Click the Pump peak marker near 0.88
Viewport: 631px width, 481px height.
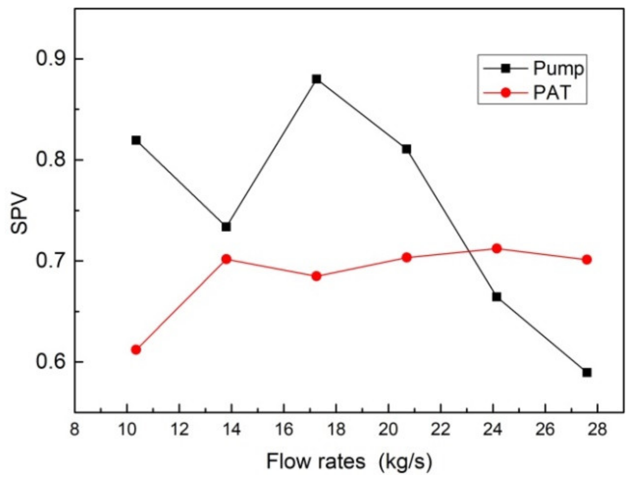coord(317,79)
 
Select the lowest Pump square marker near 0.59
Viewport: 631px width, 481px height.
coord(587,372)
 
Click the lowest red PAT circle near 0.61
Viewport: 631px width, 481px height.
coord(136,349)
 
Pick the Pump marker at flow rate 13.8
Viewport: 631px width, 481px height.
coord(226,227)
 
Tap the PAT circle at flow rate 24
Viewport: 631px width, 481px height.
coord(497,249)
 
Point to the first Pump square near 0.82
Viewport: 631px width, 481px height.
coord(136,140)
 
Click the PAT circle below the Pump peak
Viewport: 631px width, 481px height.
coord(316,276)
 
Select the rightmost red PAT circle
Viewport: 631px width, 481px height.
coord(587,260)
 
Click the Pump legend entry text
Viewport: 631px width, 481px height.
coord(558,68)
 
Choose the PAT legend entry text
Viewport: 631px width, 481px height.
coord(552,93)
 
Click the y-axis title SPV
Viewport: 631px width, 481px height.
coord(19,215)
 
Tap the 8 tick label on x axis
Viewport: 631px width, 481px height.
coord(75,430)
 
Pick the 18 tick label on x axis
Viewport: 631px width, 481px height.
coord(336,430)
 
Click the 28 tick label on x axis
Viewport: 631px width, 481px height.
coord(597,430)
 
